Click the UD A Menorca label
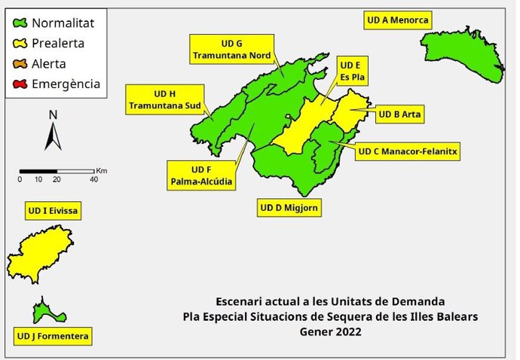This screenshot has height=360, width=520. tap(397, 20)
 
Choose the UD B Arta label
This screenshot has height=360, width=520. tap(399, 114)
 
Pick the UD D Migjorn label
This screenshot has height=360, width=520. tap(289, 207)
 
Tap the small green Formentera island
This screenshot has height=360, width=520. tap(47, 310)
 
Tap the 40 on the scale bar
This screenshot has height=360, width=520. tap(93, 179)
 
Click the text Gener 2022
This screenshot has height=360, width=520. tap(331, 331)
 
